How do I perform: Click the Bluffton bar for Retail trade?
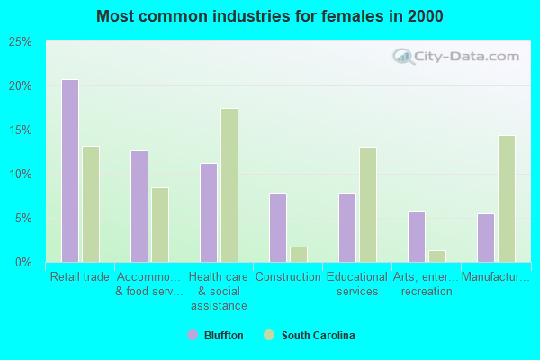pyautogui.click(x=70, y=171)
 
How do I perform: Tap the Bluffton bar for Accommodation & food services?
pyautogui.click(x=139, y=206)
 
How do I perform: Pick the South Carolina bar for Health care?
pyautogui.click(x=229, y=185)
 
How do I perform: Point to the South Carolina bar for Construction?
pyautogui.click(x=299, y=255)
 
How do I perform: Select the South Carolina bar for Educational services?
pyautogui.click(x=368, y=204)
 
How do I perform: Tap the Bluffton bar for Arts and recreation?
pyautogui.click(x=417, y=237)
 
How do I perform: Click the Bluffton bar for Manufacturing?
pyautogui.click(x=486, y=238)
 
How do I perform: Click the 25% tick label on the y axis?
pyautogui.click(x=21, y=42)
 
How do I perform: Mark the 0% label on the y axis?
pyautogui.click(x=23, y=263)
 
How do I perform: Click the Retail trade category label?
pyautogui.click(x=80, y=277)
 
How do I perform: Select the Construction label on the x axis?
pyautogui.click(x=288, y=277)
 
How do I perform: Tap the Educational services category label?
pyautogui.click(x=357, y=284)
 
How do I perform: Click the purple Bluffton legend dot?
pyautogui.click(x=192, y=336)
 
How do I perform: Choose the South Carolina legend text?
pyautogui.click(x=318, y=336)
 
